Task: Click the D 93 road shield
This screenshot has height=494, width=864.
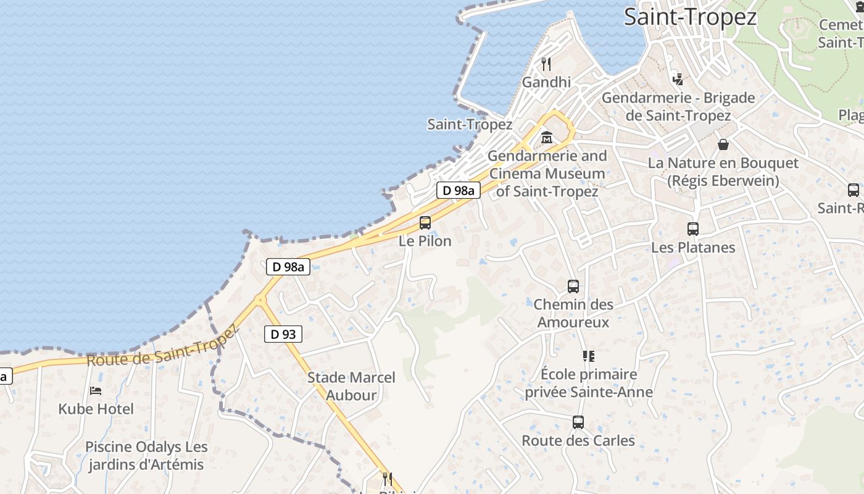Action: [x=283, y=334]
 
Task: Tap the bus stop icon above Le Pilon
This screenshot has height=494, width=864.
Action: [x=425, y=223]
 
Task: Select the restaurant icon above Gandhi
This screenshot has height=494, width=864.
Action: [x=546, y=64]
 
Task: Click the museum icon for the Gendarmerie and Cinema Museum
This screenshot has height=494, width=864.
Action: [x=546, y=138]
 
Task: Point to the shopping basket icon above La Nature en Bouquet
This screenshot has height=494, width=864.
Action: [x=723, y=144]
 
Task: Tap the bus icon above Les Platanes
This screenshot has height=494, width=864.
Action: [x=693, y=229]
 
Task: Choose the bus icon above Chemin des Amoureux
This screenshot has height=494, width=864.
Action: [x=573, y=287]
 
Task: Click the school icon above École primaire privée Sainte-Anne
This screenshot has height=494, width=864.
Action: [x=589, y=356]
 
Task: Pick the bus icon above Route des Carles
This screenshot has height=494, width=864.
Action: [x=578, y=422]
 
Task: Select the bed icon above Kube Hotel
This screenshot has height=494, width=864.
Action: [x=96, y=390]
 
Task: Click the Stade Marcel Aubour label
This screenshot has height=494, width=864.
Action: [x=351, y=386]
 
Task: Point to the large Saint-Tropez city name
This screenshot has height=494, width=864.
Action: [x=690, y=17]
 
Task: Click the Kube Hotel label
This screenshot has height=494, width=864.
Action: [x=96, y=409]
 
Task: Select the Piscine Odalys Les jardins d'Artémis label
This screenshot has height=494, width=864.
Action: [x=146, y=455]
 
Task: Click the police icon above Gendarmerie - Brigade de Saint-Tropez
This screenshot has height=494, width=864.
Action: [x=678, y=79]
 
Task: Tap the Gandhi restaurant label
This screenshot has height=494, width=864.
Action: [x=546, y=82]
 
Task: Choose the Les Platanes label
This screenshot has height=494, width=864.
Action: [x=693, y=248]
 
